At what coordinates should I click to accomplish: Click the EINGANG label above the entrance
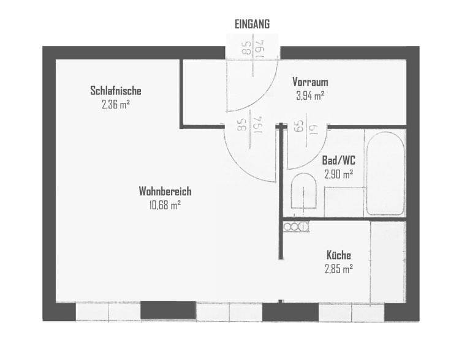[x=252, y=24]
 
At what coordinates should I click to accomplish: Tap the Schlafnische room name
[x=116, y=91]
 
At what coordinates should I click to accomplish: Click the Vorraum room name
[x=310, y=82]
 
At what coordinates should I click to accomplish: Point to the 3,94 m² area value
[x=310, y=95]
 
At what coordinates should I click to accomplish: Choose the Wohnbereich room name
[x=165, y=191]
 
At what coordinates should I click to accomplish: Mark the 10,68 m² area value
[x=165, y=205]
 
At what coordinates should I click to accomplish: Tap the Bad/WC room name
[x=339, y=160]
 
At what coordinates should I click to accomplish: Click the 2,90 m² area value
[x=339, y=174]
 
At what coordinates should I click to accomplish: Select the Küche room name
[x=339, y=255]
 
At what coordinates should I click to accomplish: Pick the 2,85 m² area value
[x=339, y=268]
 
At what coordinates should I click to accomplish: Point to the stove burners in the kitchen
[x=297, y=227]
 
